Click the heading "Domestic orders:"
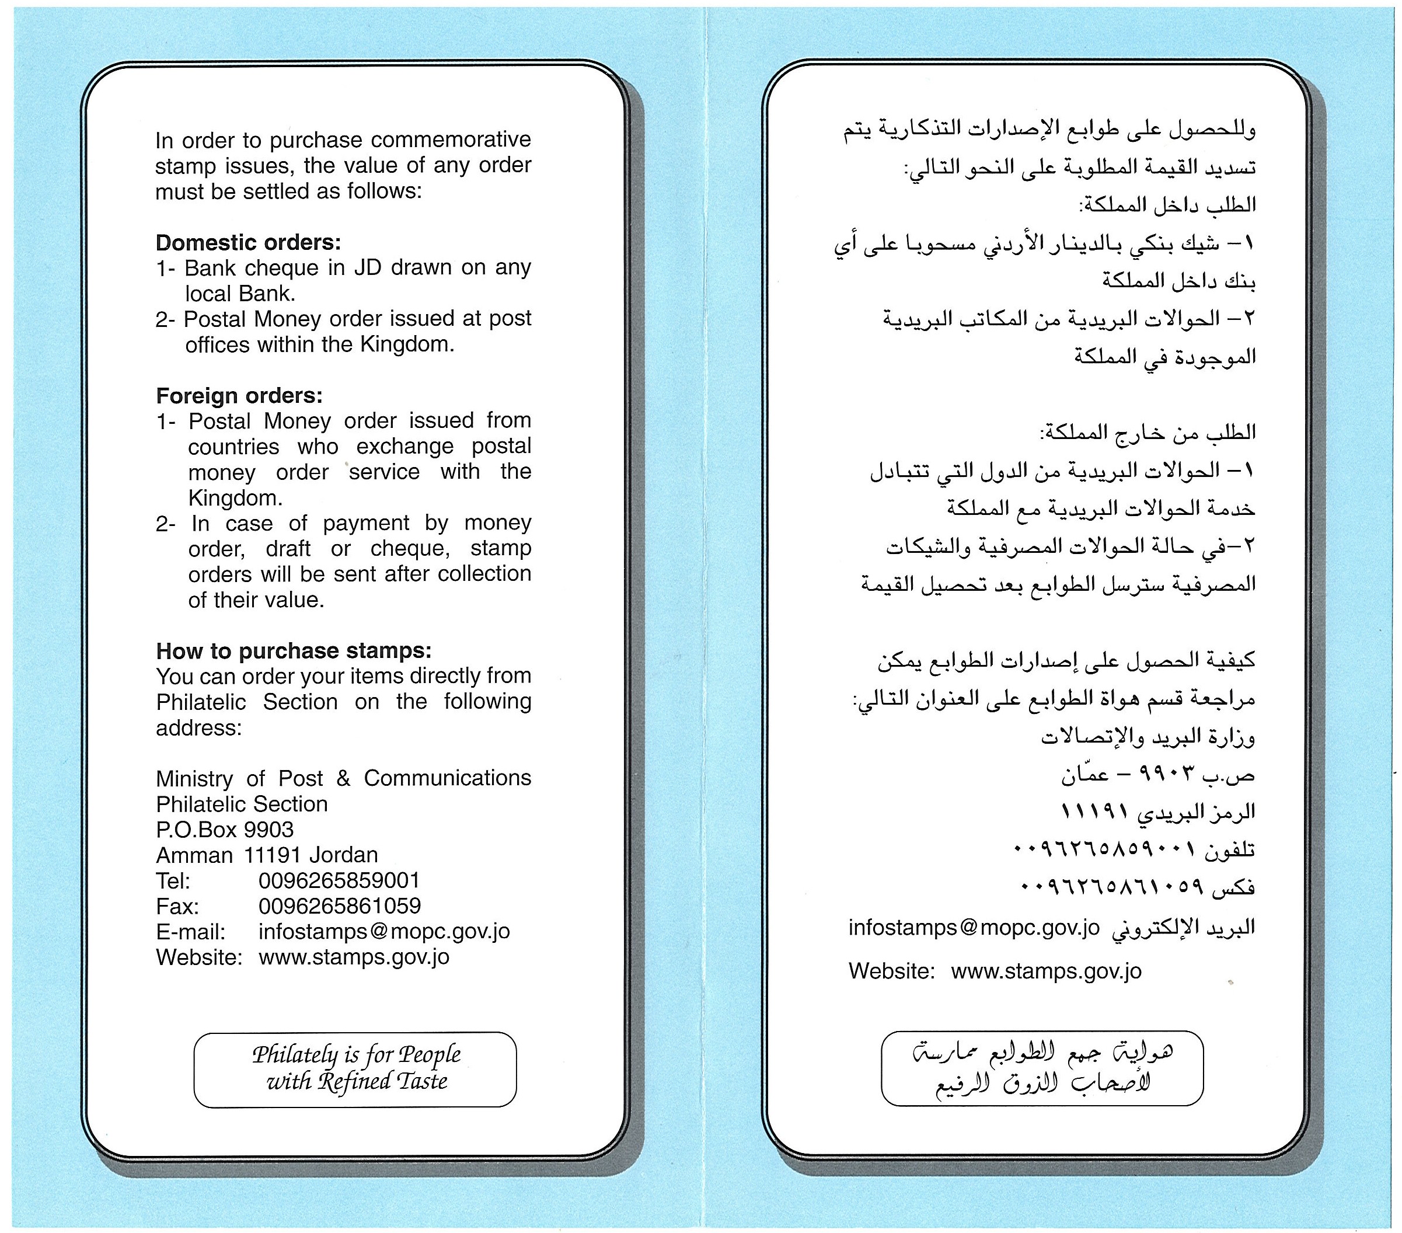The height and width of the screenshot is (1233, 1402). coord(247,242)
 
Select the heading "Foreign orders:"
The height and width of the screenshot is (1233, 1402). coord(239,395)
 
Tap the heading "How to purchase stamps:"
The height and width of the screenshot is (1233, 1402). coord(294,650)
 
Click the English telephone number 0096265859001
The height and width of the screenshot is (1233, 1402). coord(339,880)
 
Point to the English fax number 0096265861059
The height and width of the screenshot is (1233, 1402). coord(340,905)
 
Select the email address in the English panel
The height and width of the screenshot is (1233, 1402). coord(384,931)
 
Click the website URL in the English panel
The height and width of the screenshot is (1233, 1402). coord(354,956)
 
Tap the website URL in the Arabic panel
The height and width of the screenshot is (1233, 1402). coord(1046,971)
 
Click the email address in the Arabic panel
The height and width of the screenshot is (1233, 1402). coord(974,927)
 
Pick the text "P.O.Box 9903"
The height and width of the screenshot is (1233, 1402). coord(224,830)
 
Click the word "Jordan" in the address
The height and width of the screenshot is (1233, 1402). coord(344,855)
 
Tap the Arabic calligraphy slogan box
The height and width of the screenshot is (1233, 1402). coord(1042,1068)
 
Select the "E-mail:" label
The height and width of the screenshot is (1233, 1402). coord(190,932)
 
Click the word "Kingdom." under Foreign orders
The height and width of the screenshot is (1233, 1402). coord(235,497)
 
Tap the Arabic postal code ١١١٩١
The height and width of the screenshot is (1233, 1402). coord(1095,811)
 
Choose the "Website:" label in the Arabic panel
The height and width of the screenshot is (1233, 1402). coord(892,971)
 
